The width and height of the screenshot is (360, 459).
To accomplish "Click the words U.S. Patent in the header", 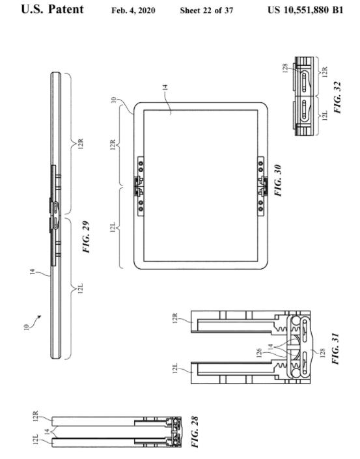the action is pyautogui.click(x=52, y=9).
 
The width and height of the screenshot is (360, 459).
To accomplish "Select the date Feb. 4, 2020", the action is pyautogui.click(x=133, y=10).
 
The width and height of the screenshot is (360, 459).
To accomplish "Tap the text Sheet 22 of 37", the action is pyautogui.click(x=206, y=10).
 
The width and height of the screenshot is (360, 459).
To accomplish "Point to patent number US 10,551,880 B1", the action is pyautogui.click(x=305, y=10).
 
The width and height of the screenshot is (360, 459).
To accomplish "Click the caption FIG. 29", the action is pyautogui.click(x=86, y=237).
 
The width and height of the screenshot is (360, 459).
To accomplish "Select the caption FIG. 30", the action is pyautogui.click(x=278, y=180).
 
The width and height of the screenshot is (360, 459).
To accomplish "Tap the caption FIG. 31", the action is pyautogui.click(x=335, y=348).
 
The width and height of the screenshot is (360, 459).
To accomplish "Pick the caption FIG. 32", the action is pyautogui.click(x=337, y=97).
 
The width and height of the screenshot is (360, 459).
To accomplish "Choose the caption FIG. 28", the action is pyautogui.click(x=195, y=432).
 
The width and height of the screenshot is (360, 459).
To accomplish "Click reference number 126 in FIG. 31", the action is pyautogui.click(x=258, y=354).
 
